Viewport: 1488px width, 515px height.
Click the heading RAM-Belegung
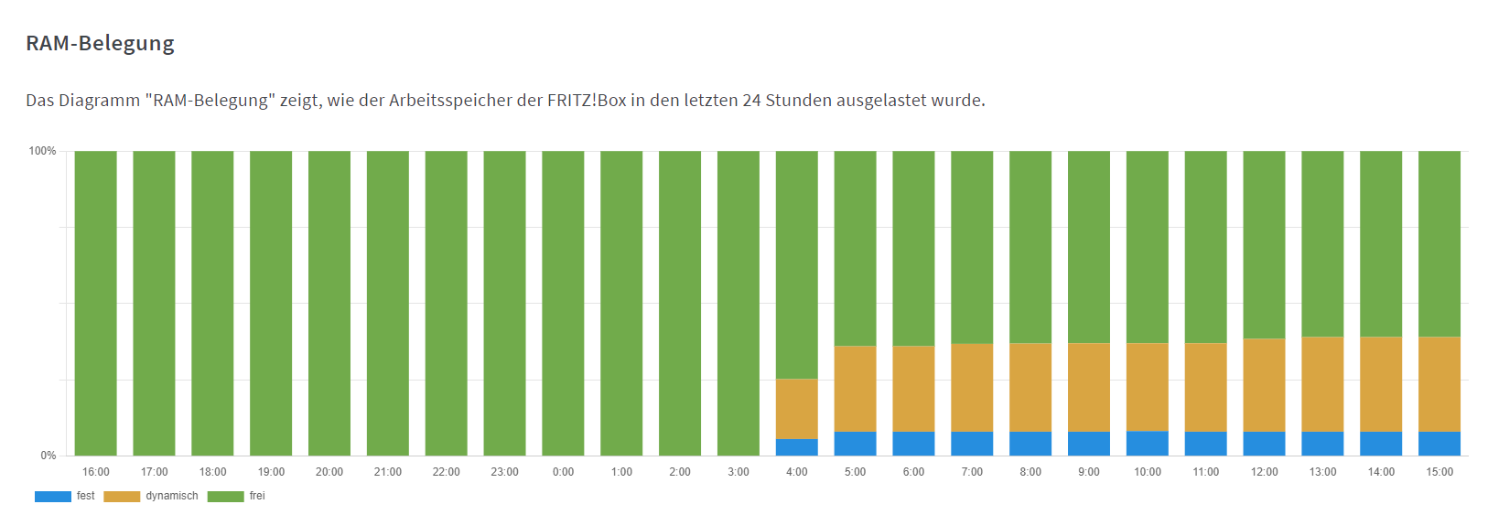[100, 43]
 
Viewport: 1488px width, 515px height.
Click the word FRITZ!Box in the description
[587, 100]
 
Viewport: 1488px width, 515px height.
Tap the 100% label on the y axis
[42, 151]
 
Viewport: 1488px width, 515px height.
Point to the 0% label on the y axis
[48, 456]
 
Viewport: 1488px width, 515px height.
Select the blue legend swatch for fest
[52, 497]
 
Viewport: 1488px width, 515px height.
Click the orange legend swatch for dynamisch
[122, 497]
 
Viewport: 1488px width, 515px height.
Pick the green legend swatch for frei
[225, 497]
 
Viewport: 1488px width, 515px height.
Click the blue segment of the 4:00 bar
[796, 447]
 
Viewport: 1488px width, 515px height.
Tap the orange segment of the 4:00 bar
[796, 409]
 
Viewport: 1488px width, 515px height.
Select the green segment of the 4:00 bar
[796, 265]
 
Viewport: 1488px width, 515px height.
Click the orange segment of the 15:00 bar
[1439, 384]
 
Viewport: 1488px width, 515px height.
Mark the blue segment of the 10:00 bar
[1147, 444]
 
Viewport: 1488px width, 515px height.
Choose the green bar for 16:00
[95, 303]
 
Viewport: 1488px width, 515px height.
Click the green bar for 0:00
[563, 303]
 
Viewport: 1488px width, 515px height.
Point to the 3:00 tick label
[738, 472]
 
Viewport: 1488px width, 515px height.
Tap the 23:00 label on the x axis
[504, 472]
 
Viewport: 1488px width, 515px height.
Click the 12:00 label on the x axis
[1264, 472]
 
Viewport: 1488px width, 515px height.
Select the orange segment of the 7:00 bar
[972, 388]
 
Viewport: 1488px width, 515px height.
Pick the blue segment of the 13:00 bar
[1322, 444]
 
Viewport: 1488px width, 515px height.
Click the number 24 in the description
[751, 100]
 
